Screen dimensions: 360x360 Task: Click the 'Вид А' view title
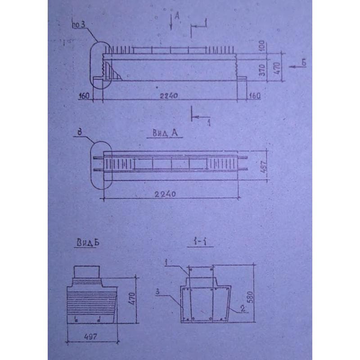point(164,134)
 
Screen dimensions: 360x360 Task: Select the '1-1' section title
point(198,243)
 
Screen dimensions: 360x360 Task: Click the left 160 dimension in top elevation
point(84,96)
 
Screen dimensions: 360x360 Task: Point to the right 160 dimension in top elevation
point(254,96)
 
